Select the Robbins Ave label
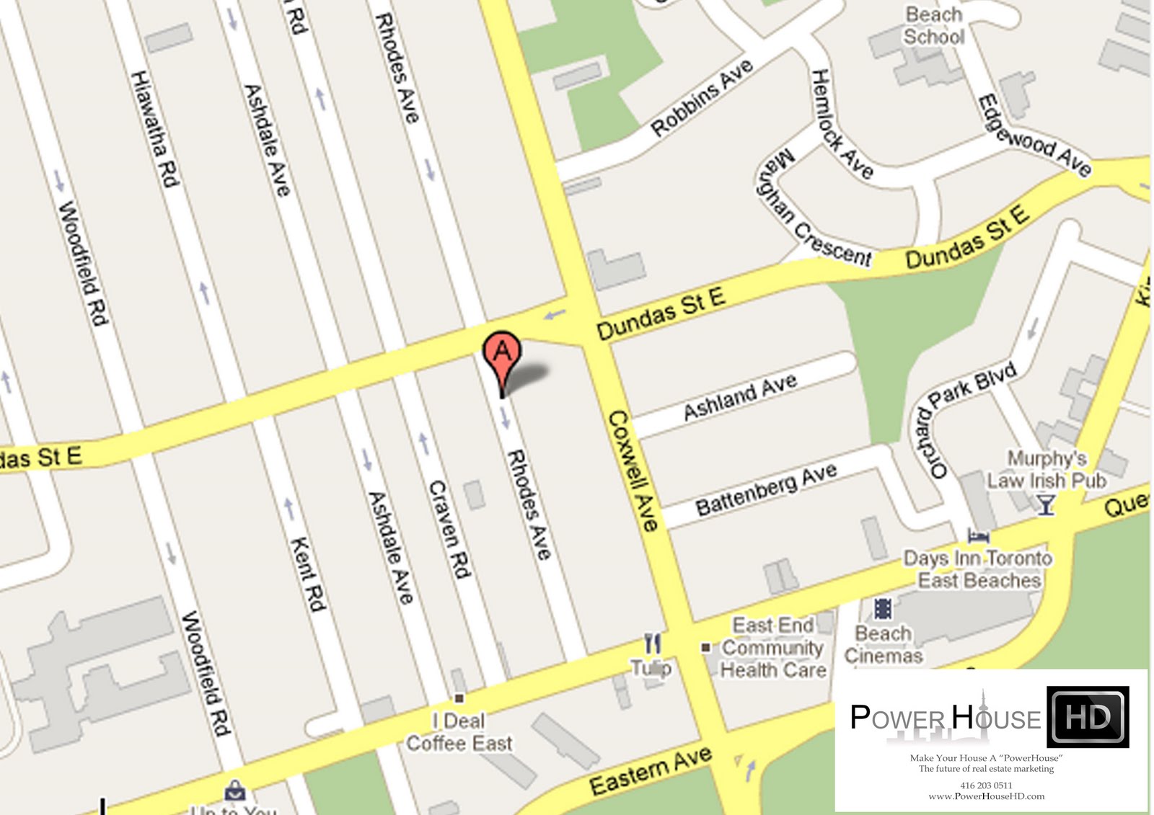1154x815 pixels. (x=702, y=98)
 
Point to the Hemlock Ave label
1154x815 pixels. (x=841, y=125)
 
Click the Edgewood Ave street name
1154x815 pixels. (x=1033, y=136)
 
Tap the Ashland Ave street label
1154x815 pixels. (x=740, y=396)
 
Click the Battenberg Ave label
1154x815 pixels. (x=766, y=489)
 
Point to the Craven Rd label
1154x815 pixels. (x=449, y=529)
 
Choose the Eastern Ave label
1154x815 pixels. (x=651, y=770)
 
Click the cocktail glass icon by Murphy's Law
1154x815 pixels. (x=1046, y=504)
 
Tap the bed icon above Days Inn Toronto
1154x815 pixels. (x=978, y=536)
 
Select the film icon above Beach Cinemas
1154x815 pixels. (x=883, y=609)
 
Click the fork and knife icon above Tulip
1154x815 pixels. (x=652, y=643)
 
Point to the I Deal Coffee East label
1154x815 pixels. (x=459, y=731)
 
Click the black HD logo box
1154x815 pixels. (x=1088, y=717)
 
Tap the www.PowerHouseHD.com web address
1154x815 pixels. (x=986, y=796)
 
